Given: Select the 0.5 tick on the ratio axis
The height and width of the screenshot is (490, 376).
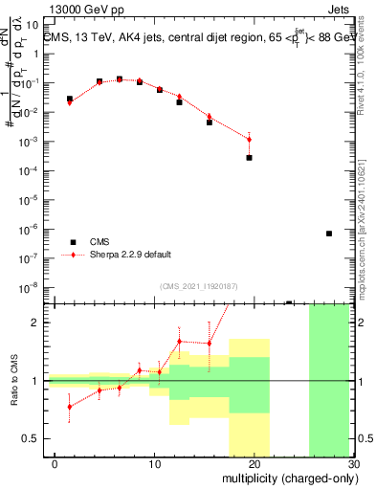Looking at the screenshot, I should pyautogui.click(x=33, y=438).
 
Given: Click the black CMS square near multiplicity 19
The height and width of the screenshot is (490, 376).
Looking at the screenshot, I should pyautogui.click(x=249, y=158).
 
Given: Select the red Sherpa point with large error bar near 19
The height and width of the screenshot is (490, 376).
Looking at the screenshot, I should pyautogui.click(x=249, y=140).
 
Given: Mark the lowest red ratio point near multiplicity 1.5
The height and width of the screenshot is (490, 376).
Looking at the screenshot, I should pyautogui.click(x=69, y=407).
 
